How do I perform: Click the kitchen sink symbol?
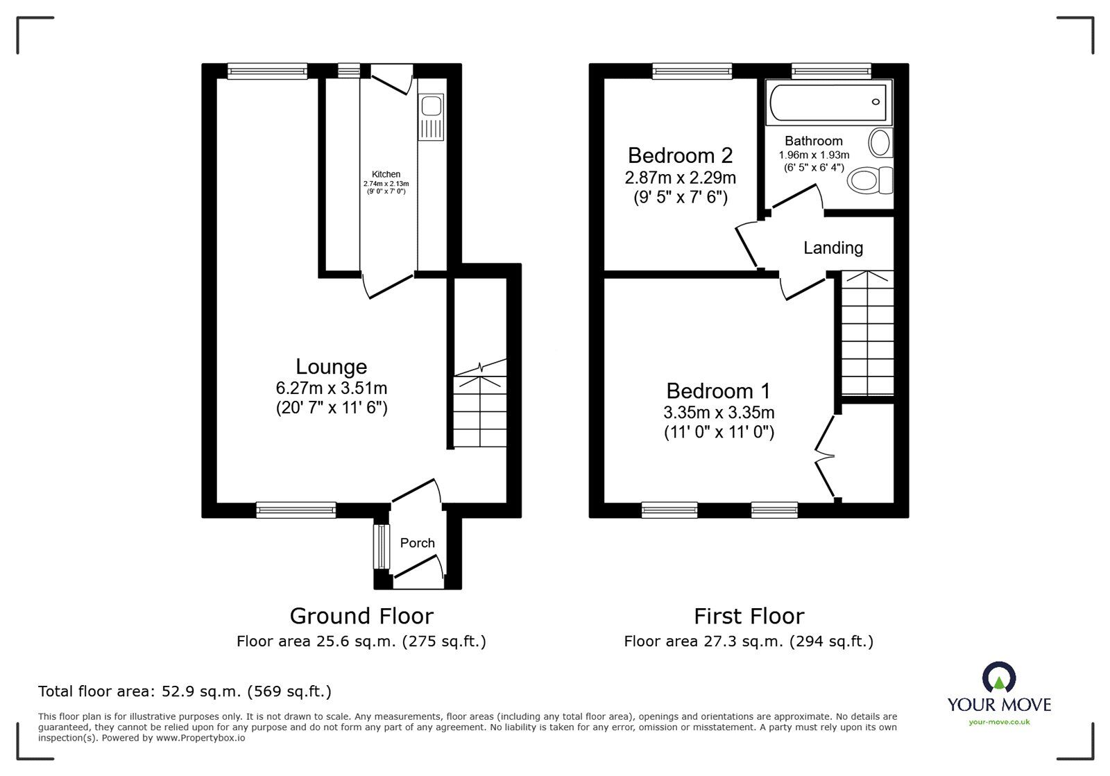[431, 118]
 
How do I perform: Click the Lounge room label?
[331, 367]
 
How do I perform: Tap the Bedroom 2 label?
[680, 155]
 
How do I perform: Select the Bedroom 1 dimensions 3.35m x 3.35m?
[719, 413]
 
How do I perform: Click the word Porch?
[418, 543]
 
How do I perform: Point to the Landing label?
[833, 248]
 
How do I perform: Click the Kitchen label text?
[386, 175]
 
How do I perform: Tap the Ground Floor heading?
[361, 616]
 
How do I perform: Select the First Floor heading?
[749, 616]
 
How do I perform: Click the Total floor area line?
[185, 691]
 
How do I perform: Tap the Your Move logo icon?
[999, 678]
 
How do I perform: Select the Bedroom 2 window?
[692, 70]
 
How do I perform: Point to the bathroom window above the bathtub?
[831, 70]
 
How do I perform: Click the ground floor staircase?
[479, 409]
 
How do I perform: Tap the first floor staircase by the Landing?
[866, 333]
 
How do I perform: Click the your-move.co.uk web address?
[999, 722]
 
